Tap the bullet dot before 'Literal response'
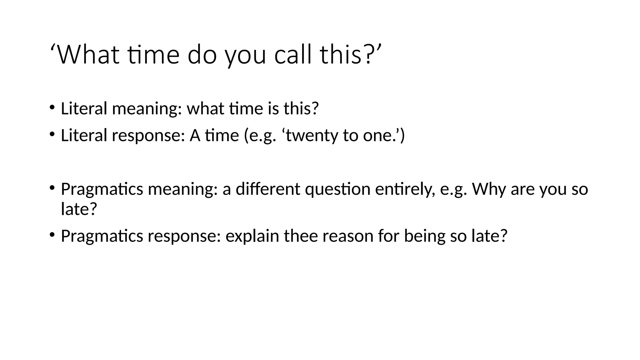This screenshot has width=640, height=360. (52, 134)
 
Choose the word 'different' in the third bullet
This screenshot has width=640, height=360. (268, 189)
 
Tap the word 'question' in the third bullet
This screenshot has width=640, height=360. (337, 190)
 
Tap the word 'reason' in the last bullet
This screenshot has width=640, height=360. (347, 236)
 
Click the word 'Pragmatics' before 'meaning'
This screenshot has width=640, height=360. (102, 189)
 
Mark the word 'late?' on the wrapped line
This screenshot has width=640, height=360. (79, 209)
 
